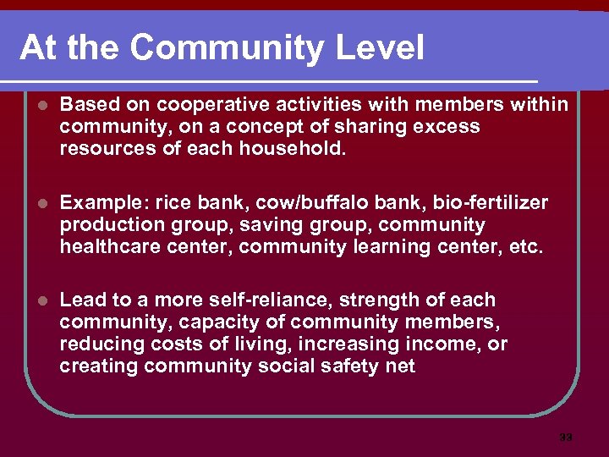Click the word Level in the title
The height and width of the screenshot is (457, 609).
point(380,48)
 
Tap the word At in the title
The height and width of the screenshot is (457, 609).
point(38,48)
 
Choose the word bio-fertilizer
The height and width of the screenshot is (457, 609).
point(490,202)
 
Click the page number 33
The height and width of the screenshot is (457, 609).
point(566,438)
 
